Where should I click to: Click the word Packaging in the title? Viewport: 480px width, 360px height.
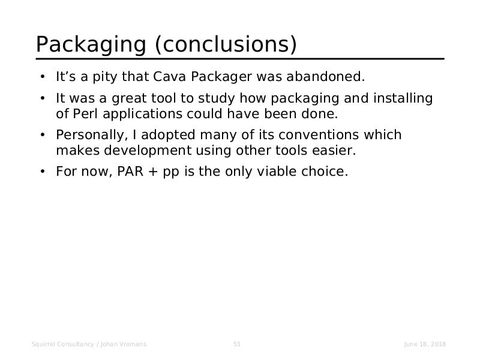pyautogui.click(x=91, y=44)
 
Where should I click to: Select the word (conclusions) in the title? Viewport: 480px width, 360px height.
pyautogui.click(x=226, y=44)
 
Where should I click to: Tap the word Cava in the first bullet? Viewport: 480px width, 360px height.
pyautogui.click(x=169, y=77)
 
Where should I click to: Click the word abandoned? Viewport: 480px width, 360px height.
pyautogui.click(x=326, y=77)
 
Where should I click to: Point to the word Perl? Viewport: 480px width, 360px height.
pyautogui.click(x=85, y=114)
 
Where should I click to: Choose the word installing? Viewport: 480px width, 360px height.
pyautogui.click(x=403, y=99)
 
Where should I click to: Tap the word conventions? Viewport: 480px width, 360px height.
pyautogui.click(x=319, y=135)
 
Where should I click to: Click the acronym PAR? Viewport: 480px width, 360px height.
pyautogui.click(x=130, y=172)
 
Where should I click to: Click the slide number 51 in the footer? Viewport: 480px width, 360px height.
pyautogui.click(x=237, y=344)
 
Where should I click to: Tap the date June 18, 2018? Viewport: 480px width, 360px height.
pyautogui.click(x=425, y=344)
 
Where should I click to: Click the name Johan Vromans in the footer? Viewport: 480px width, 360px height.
pyautogui.click(x=124, y=344)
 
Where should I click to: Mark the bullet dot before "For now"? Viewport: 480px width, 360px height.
pyautogui.click(x=43, y=172)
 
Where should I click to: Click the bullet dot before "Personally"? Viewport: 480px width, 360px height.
pyautogui.click(x=43, y=135)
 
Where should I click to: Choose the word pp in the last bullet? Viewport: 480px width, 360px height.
pyautogui.click(x=171, y=173)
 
